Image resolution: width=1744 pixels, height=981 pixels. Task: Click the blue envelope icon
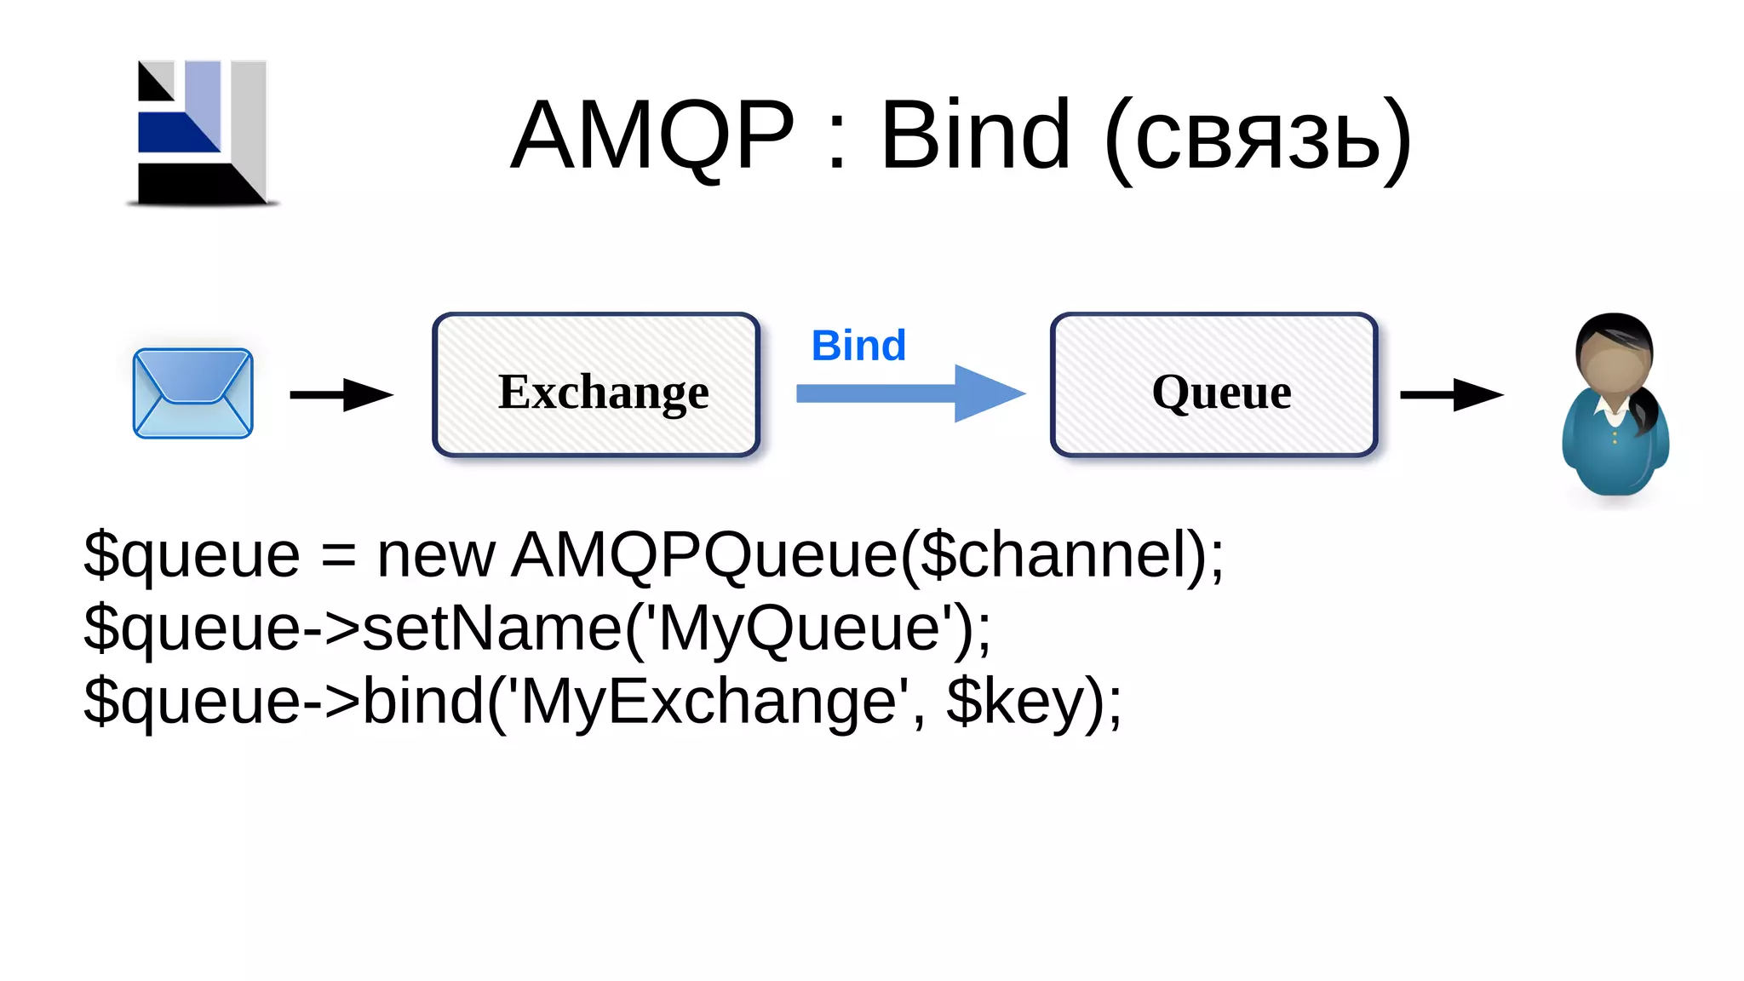point(192,393)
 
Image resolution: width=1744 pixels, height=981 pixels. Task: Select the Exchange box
point(596,385)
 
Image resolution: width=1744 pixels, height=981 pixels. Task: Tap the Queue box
point(1213,385)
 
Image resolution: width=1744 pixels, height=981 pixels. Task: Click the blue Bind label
point(858,346)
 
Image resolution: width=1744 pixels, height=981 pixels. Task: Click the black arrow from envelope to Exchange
point(341,394)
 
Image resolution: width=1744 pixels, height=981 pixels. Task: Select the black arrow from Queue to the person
point(1451,394)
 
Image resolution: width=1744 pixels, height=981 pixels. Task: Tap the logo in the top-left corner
point(203,133)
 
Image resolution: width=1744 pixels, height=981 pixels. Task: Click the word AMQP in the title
point(651,136)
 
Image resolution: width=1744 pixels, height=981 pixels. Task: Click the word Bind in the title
point(975,136)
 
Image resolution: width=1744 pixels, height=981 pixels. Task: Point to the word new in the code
point(435,555)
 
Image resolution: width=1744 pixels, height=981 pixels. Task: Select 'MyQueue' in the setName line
point(799,629)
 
